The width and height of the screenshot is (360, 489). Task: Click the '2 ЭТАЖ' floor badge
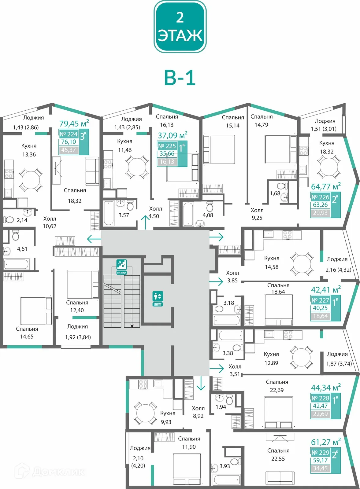point(180,27)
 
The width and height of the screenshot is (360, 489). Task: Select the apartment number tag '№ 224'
point(69,134)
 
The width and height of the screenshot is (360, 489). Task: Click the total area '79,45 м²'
point(74,123)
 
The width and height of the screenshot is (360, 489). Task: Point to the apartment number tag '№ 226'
point(320,197)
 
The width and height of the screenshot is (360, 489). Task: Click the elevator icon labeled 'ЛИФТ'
point(158,298)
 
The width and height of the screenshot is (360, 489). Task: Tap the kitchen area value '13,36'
point(29,155)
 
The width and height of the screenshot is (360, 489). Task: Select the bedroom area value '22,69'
point(276,390)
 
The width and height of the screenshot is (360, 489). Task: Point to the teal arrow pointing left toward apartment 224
point(94,239)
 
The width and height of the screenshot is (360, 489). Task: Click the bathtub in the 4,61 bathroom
point(16,264)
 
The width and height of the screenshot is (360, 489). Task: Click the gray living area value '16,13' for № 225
point(167,162)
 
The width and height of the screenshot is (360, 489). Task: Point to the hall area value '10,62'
point(49,226)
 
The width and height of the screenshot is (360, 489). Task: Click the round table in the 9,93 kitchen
point(146,414)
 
